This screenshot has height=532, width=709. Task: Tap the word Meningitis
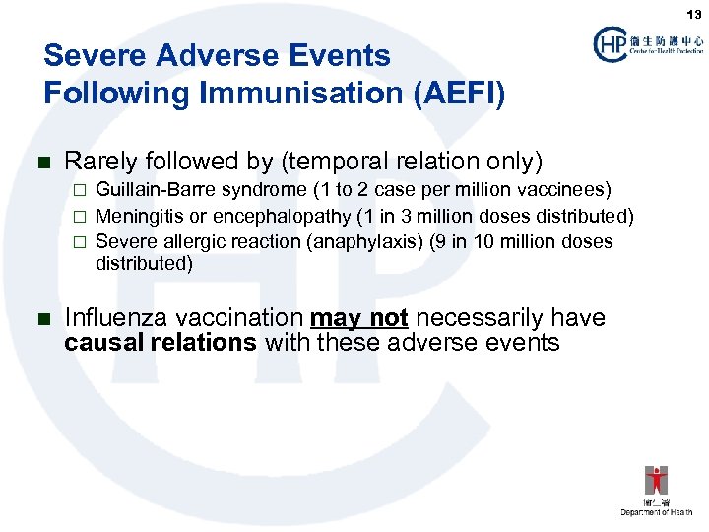(135, 216)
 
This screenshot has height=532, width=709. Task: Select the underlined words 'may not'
(358, 318)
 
